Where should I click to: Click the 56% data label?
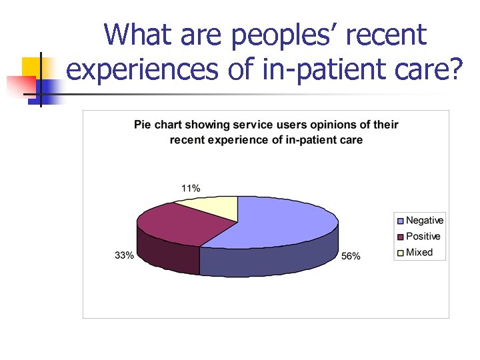351,257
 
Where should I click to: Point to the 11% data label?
191,188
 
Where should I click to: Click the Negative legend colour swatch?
400,221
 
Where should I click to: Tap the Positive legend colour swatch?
400,237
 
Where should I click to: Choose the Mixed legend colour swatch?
400,253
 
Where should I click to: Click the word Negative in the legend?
425,221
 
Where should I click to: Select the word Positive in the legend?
423,237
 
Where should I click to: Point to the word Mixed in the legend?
419,253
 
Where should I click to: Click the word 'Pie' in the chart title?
142,125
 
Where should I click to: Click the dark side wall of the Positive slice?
167,253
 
